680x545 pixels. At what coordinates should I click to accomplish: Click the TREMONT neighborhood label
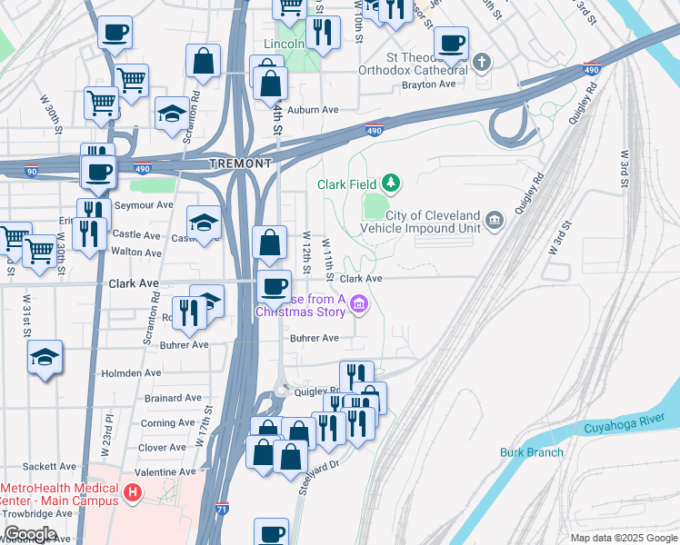(240, 163)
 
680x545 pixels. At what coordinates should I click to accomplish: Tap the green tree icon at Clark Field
(391, 183)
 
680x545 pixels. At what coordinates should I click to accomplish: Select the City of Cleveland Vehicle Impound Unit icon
(494, 219)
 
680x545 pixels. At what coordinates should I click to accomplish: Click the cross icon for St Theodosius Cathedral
(482, 63)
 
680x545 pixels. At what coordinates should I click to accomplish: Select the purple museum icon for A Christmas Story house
(358, 304)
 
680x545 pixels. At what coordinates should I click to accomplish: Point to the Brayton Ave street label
(428, 84)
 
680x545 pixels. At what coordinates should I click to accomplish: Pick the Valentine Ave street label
(165, 472)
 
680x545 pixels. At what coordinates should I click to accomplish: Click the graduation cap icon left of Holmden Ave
(45, 357)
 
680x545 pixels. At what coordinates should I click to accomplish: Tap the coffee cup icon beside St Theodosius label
(451, 42)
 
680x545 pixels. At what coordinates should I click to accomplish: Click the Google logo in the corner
(30, 534)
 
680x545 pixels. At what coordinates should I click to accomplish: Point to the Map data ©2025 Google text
(623, 538)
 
